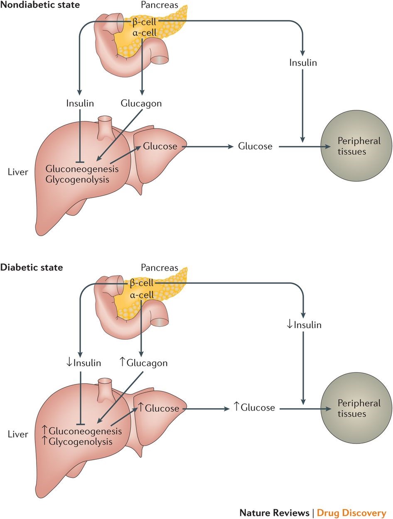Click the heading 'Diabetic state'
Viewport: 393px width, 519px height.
click(32, 267)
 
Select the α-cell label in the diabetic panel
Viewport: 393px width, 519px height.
click(142, 295)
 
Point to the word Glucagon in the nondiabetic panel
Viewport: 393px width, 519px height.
click(141, 103)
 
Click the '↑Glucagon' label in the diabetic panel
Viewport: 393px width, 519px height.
click(143, 363)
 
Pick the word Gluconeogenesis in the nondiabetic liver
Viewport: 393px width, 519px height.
click(82, 169)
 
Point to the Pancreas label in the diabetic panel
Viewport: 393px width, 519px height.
click(159, 268)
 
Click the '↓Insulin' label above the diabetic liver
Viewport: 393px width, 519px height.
click(84, 363)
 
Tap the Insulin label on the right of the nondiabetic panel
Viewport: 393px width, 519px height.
click(303, 63)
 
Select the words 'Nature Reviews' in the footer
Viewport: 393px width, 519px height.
click(274, 512)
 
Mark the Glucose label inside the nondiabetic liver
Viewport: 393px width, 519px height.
click(160, 146)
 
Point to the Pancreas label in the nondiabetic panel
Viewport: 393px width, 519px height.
click(159, 6)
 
